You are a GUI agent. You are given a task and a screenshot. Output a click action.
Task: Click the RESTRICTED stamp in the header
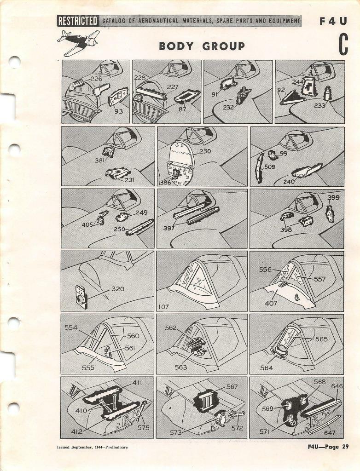click(x=77, y=21)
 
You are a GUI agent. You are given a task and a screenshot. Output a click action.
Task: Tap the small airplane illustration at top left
click(x=78, y=41)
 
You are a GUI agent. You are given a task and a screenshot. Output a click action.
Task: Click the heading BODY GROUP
click(x=202, y=46)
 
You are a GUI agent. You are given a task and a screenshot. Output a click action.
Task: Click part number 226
click(x=96, y=79)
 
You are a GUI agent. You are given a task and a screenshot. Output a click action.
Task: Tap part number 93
click(x=118, y=111)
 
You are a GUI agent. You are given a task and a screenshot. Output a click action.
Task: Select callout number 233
click(x=319, y=105)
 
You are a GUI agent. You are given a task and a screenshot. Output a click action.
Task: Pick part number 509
click(x=270, y=167)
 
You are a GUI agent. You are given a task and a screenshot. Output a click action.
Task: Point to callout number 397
click(x=169, y=228)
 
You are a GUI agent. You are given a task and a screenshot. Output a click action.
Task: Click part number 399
click(x=333, y=197)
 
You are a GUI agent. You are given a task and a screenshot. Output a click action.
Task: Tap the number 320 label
click(x=118, y=289)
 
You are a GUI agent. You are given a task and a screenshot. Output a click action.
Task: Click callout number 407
click(x=271, y=303)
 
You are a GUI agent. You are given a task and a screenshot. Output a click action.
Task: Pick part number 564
click(x=267, y=368)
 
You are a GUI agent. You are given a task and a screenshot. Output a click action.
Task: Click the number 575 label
click(x=144, y=427)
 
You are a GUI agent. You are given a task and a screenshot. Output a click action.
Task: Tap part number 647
click(x=330, y=433)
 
